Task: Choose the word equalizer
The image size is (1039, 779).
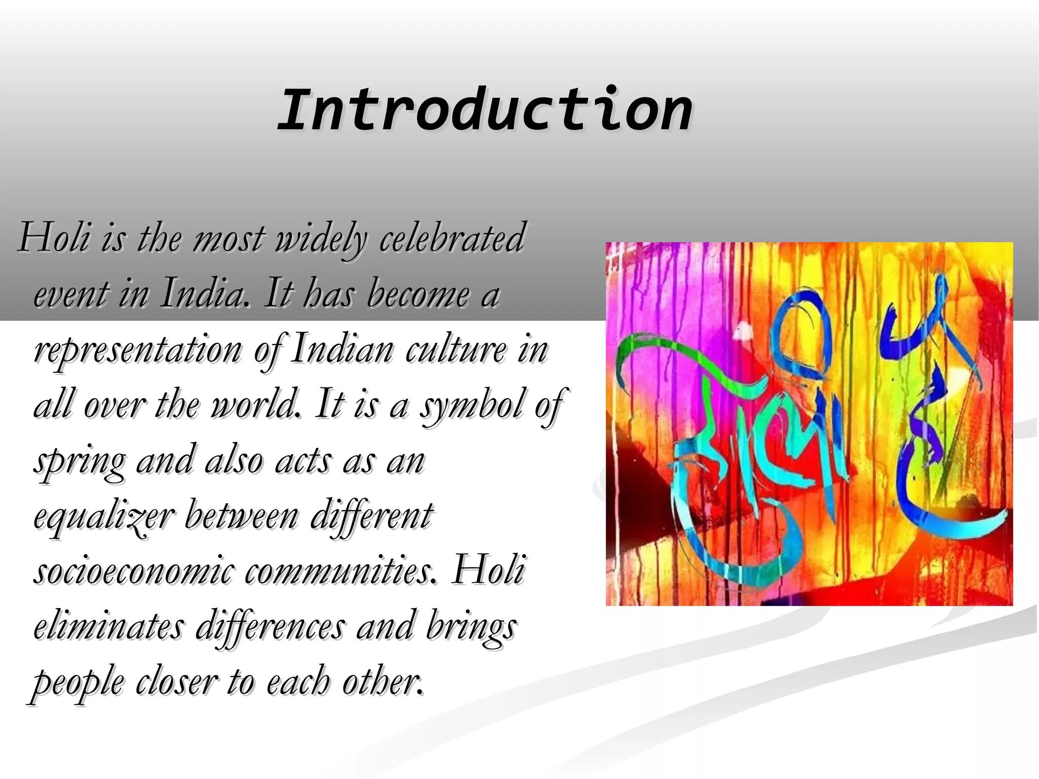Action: (104, 517)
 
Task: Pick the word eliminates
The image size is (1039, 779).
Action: (109, 626)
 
